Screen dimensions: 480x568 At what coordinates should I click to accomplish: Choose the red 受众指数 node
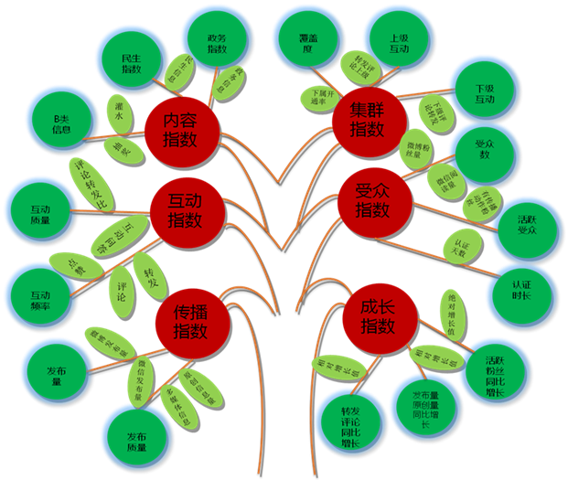(x=371, y=200)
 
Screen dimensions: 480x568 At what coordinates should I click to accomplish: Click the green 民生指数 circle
(x=132, y=61)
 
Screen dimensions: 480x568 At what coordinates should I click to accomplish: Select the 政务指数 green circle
(x=216, y=39)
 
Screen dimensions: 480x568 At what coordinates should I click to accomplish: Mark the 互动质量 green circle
(x=40, y=213)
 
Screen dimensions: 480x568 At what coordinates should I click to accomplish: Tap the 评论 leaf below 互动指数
(x=122, y=284)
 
